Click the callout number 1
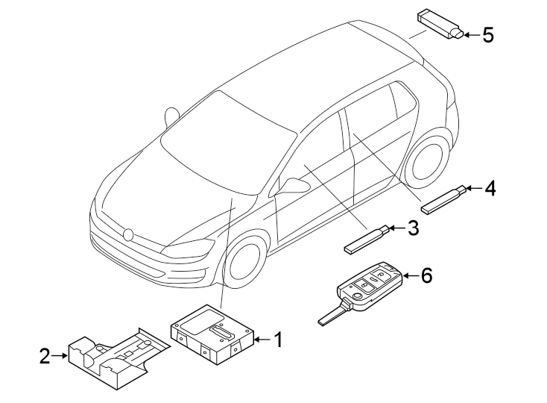[x=277, y=340]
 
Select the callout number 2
[x=45, y=357]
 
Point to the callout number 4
[x=489, y=188]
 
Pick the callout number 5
[x=487, y=34]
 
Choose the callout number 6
[x=426, y=275]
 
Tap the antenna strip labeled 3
[x=366, y=238]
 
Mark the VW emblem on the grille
[x=128, y=234]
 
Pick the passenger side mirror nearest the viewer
[x=292, y=185]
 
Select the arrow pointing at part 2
[x=60, y=357]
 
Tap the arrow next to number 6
[x=409, y=276]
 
